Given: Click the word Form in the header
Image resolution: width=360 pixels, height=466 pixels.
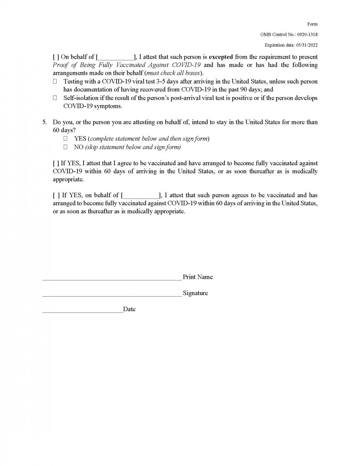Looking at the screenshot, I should (313, 25).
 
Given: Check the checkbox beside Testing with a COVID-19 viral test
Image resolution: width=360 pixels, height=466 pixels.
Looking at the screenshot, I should (55, 82).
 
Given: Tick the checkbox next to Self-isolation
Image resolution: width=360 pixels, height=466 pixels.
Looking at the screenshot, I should (55, 98).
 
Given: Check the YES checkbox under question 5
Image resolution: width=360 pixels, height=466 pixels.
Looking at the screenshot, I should (65, 139).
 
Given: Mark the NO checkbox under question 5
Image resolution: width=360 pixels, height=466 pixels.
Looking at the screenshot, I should (65, 147).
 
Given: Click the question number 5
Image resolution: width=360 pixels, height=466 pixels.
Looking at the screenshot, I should (45, 122).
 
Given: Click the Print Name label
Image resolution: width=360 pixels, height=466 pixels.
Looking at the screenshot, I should (198, 277).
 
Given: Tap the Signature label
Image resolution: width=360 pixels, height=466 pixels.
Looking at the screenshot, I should (195, 293).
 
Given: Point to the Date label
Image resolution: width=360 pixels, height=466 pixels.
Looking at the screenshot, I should (129, 310).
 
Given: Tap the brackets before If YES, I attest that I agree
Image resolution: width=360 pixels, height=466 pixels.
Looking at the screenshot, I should (56, 164).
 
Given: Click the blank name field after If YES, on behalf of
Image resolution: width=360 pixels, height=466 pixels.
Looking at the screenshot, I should (141, 196).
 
